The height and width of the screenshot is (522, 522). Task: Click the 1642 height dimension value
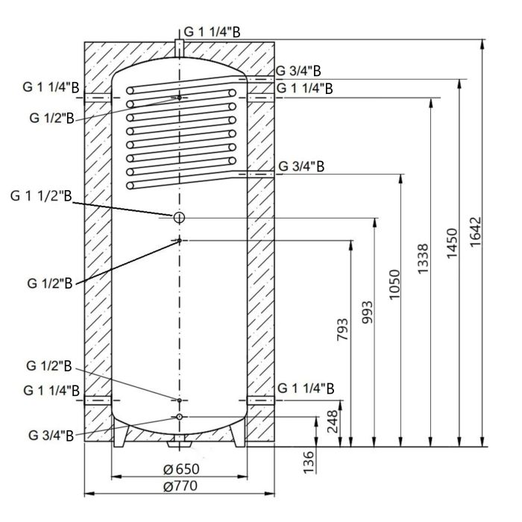(477, 236)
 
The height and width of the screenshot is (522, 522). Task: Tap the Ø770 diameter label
(179, 486)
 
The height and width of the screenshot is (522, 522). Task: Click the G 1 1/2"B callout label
(42, 196)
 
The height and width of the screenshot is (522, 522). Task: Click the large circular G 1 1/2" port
(179, 217)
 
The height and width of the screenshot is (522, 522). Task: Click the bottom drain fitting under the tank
(179, 444)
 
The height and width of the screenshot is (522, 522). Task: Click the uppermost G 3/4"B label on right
(299, 72)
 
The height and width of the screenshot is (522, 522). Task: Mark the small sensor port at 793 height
(179, 240)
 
